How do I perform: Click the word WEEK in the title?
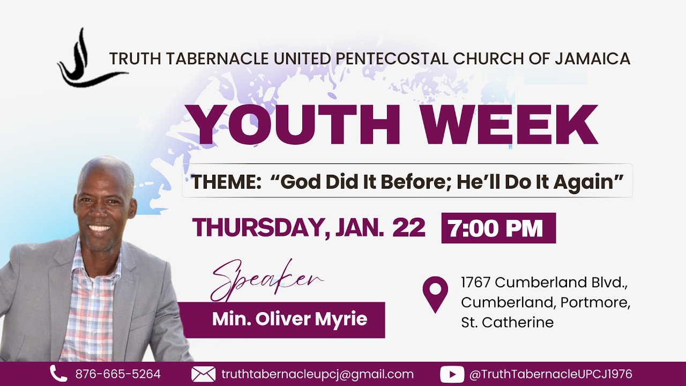(x=509, y=125)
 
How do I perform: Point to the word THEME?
(x=226, y=182)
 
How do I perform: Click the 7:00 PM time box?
(x=498, y=228)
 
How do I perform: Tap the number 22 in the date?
(x=408, y=228)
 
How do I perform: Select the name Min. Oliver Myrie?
(x=289, y=320)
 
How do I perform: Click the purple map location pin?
(x=435, y=294)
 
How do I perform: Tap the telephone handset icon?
(x=58, y=374)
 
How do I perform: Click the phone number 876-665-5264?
(x=118, y=374)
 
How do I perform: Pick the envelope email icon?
(x=203, y=374)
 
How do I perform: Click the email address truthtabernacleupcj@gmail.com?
(x=317, y=374)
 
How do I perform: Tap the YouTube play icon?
(x=452, y=374)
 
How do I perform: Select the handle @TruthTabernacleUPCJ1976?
(x=550, y=374)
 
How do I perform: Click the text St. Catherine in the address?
(x=507, y=322)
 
